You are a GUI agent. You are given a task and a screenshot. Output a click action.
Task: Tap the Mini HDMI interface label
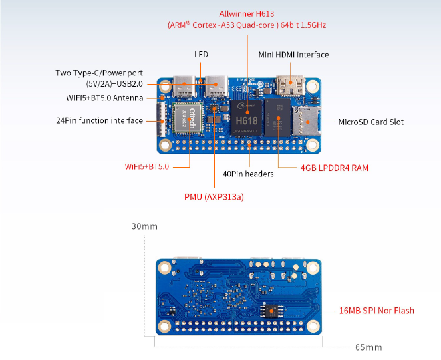pyautogui.click(x=293, y=55)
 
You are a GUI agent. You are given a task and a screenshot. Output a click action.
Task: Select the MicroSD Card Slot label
pyautogui.click(x=371, y=122)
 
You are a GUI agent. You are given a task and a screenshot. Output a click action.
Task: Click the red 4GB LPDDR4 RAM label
pyautogui.click(x=334, y=168)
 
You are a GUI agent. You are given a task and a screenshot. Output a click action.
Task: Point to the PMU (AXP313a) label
pyautogui.click(x=214, y=197)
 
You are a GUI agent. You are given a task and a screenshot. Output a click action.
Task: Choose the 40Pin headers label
pyautogui.click(x=247, y=174)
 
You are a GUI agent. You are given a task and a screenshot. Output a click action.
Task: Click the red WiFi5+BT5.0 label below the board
pyautogui.click(x=147, y=166)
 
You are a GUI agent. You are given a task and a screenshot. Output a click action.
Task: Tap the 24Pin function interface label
pyautogui.click(x=100, y=121)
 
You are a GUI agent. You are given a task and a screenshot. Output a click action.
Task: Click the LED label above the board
pyautogui.click(x=201, y=55)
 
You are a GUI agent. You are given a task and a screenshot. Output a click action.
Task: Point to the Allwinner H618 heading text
pyautogui.click(x=247, y=13)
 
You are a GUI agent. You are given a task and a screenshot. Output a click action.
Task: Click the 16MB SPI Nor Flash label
pyautogui.click(x=377, y=311)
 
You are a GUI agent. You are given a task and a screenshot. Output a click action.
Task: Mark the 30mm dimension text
pyautogui.click(x=144, y=226)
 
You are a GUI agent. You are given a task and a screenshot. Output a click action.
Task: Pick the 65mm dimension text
pyautogui.click(x=368, y=347)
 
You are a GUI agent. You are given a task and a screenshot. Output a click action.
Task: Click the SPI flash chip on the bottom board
pyautogui.click(x=272, y=311)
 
